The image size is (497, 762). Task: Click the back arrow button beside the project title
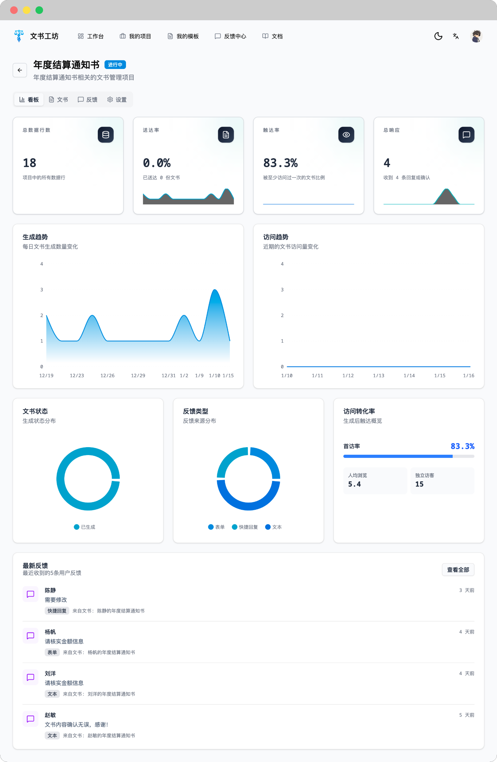click(x=20, y=70)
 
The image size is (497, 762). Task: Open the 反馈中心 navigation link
click(x=230, y=36)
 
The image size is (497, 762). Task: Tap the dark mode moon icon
click(x=438, y=36)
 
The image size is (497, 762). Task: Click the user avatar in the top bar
click(x=476, y=36)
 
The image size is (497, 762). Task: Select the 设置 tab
click(x=117, y=100)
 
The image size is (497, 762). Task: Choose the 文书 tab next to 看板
click(x=58, y=100)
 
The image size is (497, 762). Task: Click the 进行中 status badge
click(x=115, y=65)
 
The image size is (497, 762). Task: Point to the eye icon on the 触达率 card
click(x=346, y=135)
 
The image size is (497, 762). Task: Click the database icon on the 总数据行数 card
click(x=106, y=135)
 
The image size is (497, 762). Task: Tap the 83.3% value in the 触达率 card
click(x=280, y=163)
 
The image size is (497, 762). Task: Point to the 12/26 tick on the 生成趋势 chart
click(x=107, y=376)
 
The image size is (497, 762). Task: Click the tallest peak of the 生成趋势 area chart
click(x=215, y=290)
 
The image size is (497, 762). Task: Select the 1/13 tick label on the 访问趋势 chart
click(x=379, y=376)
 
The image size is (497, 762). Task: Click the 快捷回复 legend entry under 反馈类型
click(x=245, y=527)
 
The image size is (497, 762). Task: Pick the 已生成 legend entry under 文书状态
click(x=85, y=527)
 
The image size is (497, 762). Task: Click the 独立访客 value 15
click(x=419, y=484)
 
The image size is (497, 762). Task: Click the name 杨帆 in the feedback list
click(x=50, y=632)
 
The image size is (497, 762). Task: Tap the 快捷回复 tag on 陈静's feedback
click(x=57, y=611)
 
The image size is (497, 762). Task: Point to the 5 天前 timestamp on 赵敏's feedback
click(x=466, y=715)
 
